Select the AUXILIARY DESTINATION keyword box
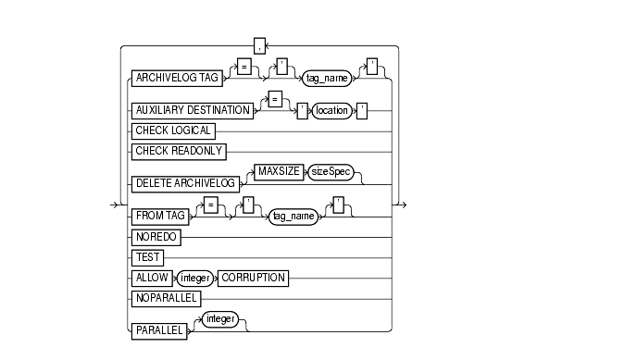pyautogui.click(x=193, y=110)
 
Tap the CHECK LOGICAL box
pyautogui.click(x=173, y=131)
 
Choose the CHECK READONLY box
pyautogui.click(x=180, y=148)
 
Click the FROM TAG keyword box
pyautogui.click(x=161, y=216)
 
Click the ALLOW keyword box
pyautogui.click(x=153, y=277)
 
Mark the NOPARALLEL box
pyautogui.click(x=167, y=299)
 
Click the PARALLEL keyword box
pyautogui.click(x=159, y=329)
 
